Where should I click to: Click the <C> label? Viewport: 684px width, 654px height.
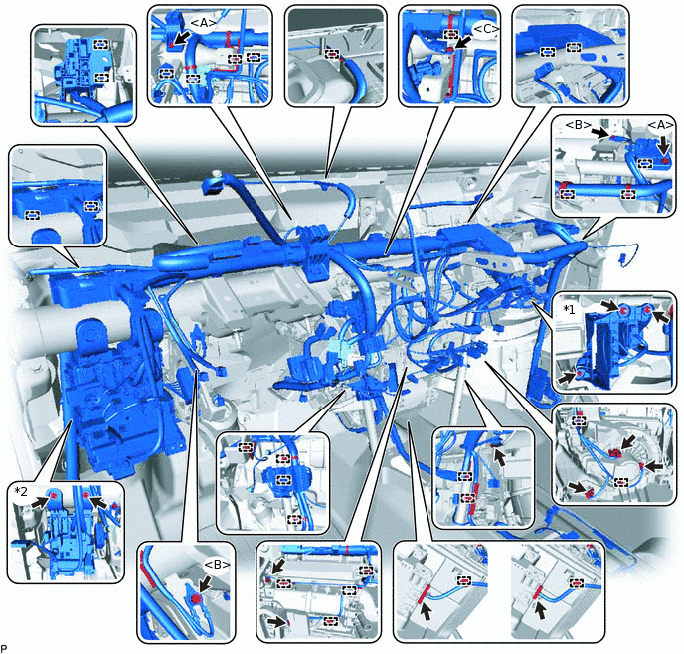[485, 29]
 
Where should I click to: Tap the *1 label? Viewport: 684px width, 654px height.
[569, 309]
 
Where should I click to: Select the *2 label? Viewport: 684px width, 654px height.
[21, 491]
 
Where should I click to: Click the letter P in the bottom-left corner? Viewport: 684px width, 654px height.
[4, 648]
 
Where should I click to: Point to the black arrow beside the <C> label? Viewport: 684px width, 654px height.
[463, 43]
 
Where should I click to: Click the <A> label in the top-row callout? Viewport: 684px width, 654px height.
[204, 25]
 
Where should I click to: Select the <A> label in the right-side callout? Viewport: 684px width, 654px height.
[660, 125]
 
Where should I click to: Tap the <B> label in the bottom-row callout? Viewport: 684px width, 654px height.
[217, 565]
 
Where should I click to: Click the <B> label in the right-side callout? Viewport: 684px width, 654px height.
[578, 125]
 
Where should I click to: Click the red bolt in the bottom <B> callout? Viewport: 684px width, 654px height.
[196, 598]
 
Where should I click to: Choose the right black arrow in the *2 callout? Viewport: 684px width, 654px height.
[99, 502]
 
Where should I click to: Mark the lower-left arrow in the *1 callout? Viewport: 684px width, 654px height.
[567, 378]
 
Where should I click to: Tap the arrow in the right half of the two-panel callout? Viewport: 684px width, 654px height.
[542, 610]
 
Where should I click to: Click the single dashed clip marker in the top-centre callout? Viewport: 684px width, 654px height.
[332, 54]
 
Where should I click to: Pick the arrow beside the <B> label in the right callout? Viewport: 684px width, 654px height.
[600, 131]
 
